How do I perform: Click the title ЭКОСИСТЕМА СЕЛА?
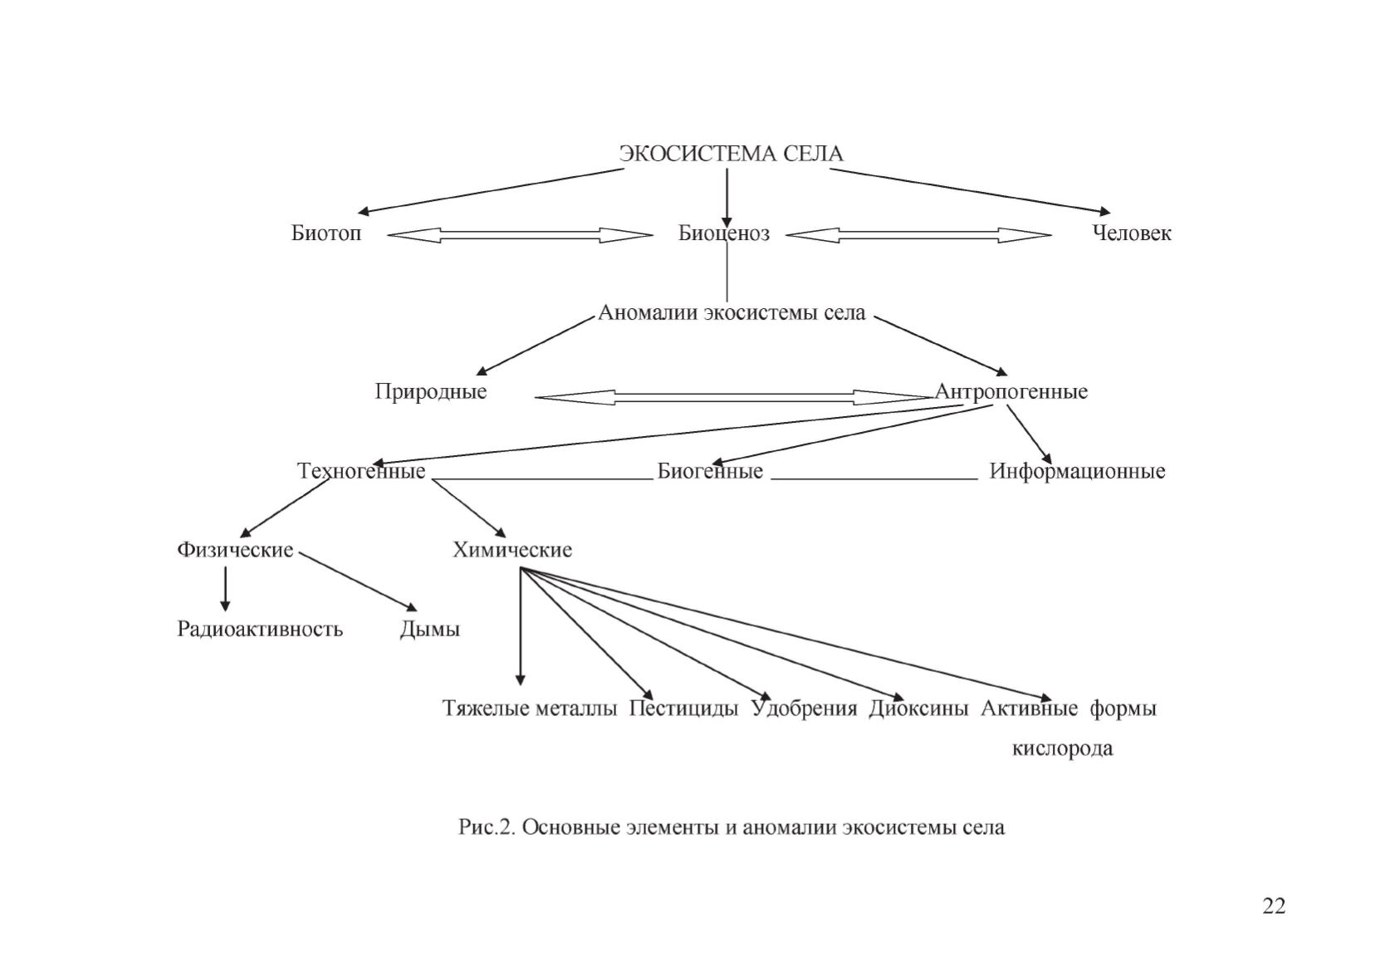click(x=731, y=154)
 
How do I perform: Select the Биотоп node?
click(x=325, y=233)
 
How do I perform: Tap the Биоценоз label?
click(x=724, y=233)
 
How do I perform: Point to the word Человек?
click(x=1132, y=233)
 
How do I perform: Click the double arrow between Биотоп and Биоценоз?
click(x=520, y=235)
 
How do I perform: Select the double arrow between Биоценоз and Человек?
click(x=918, y=235)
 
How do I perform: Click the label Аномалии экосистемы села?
click(x=732, y=312)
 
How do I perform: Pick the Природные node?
click(x=431, y=392)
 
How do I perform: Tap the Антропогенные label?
click(x=1011, y=392)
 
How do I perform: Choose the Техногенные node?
click(x=361, y=471)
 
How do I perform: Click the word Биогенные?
click(x=710, y=471)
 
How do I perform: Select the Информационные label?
click(x=1077, y=471)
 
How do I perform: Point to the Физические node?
click(x=235, y=550)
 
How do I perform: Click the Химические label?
click(x=512, y=550)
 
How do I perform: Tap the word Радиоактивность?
click(x=259, y=629)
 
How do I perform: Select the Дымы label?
click(x=429, y=629)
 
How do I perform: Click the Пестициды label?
click(x=683, y=709)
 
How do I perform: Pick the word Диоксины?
click(x=918, y=709)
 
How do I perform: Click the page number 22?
click(x=1274, y=905)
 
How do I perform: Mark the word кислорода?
click(x=1063, y=748)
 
